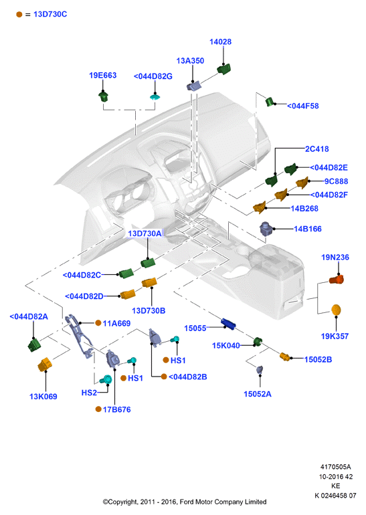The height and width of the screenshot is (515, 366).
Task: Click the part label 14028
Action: (220, 41)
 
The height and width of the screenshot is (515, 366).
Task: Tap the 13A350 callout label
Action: (190, 61)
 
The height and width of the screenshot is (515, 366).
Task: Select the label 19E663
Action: (103, 75)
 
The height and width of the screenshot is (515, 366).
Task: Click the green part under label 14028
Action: (223, 69)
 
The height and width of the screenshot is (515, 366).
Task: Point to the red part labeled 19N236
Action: (337, 280)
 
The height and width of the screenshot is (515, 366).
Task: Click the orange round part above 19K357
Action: (336, 310)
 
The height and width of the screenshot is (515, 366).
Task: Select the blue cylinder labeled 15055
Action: (228, 324)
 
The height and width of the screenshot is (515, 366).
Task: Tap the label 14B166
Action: (308, 229)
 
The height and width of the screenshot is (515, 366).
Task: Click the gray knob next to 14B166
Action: (266, 228)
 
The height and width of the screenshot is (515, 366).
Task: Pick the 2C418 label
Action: (317, 148)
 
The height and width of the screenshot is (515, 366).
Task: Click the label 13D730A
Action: (145, 233)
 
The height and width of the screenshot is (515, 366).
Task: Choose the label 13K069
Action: (43, 397)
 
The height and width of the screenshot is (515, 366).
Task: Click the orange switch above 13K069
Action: (45, 365)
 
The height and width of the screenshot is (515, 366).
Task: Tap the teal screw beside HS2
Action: (106, 380)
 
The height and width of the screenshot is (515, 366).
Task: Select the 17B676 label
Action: (117, 409)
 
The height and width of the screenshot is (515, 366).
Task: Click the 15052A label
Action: (258, 394)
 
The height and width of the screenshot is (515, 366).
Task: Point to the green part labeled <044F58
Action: (270, 102)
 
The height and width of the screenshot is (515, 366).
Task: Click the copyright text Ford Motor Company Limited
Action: (223, 502)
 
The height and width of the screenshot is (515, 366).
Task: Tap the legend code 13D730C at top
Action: (50, 14)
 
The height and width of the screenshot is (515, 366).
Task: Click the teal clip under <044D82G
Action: (155, 97)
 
